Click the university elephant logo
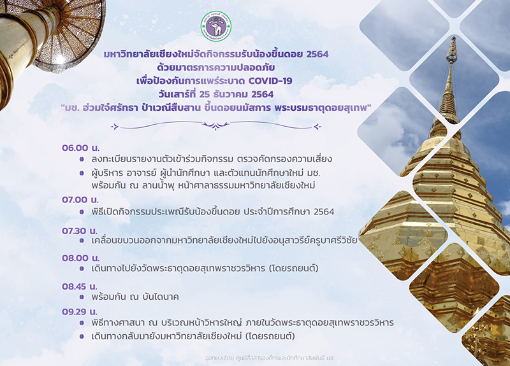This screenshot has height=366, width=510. (216, 26)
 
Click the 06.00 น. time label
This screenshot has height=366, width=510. (81, 148)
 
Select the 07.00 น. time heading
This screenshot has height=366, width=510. (80, 200)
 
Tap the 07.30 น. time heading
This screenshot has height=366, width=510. (80, 231)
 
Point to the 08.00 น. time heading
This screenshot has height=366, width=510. (81, 258)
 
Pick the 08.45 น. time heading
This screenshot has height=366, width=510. (80, 286)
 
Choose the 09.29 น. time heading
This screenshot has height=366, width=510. (80, 312)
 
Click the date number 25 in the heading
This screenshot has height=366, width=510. (205, 94)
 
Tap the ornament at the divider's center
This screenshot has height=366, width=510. (215, 125)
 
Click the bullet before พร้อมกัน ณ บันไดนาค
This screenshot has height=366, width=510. (82, 297)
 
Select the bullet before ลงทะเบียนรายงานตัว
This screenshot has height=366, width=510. (82, 160)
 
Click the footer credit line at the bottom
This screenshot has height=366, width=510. (270, 358)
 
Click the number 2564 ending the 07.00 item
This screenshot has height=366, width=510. (324, 212)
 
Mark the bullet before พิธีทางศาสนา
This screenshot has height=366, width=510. (82, 323)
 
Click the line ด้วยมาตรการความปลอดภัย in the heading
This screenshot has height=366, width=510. (215, 67)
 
